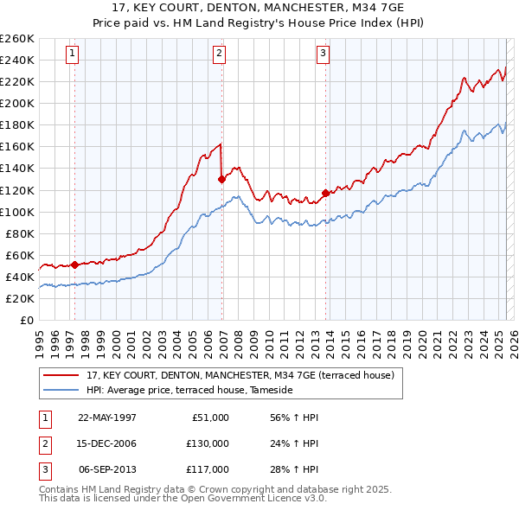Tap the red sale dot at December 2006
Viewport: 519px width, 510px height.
(x=222, y=179)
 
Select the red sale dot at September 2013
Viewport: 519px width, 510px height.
(x=325, y=193)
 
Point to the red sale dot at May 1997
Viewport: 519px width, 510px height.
(x=74, y=265)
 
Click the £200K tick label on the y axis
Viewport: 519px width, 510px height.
(x=17, y=103)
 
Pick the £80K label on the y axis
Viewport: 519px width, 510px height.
(x=20, y=233)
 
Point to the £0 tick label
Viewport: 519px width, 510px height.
(x=26, y=320)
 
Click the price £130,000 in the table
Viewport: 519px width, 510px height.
(x=207, y=443)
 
